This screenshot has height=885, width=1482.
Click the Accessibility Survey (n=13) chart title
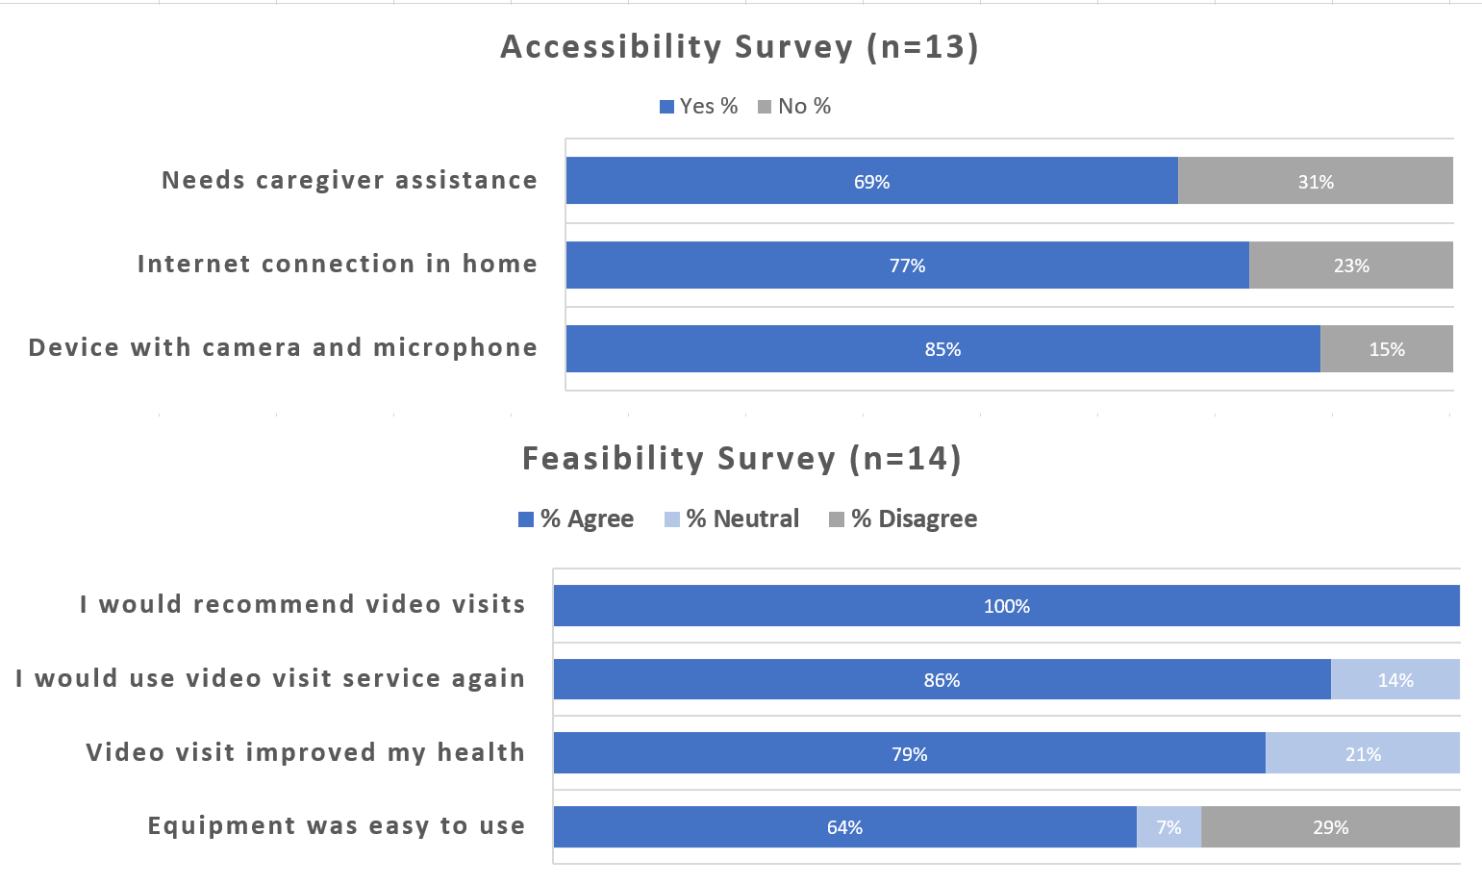tap(740, 47)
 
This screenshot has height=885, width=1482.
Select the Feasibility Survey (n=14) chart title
tap(741, 459)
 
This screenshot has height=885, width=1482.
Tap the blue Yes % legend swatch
tap(666, 107)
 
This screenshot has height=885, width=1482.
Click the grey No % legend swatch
tap(765, 107)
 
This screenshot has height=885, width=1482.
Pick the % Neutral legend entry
tap(732, 519)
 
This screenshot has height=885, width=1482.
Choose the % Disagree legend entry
tap(903, 519)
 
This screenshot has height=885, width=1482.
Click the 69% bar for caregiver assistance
tap(871, 181)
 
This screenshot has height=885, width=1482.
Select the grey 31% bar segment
tap(1315, 181)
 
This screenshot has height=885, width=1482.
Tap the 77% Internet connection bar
tap(907, 265)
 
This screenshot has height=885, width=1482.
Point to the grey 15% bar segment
tap(1386, 349)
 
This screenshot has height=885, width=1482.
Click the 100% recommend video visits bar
tap(1006, 606)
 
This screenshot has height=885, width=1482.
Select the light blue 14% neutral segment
tap(1394, 680)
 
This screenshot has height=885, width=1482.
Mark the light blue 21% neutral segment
tap(1362, 754)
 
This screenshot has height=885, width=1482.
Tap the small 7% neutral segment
tap(1168, 827)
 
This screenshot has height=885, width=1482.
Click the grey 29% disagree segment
tap(1330, 827)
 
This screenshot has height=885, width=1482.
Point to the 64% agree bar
tap(844, 827)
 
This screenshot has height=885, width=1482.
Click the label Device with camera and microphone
tap(283, 348)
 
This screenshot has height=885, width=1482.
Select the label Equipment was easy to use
tap(336, 826)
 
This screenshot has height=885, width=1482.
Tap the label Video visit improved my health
tap(305, 752)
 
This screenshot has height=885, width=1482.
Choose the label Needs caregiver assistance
tap(349, 181)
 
